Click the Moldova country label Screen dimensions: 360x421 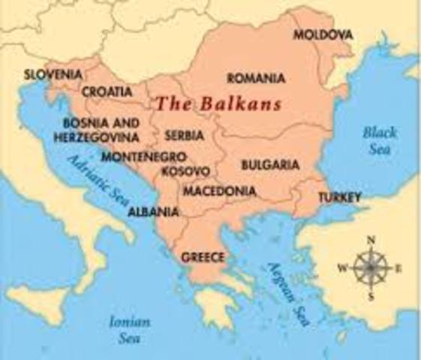323,35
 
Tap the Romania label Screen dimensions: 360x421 256,78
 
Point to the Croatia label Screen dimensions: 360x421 107,91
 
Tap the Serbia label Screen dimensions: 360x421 183,136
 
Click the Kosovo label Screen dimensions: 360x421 185,171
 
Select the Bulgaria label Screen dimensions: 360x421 270,164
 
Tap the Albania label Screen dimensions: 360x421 154,211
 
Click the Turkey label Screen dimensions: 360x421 339,197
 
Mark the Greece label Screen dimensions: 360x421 203,257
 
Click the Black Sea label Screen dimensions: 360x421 380,139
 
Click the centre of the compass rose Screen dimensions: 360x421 370,268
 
